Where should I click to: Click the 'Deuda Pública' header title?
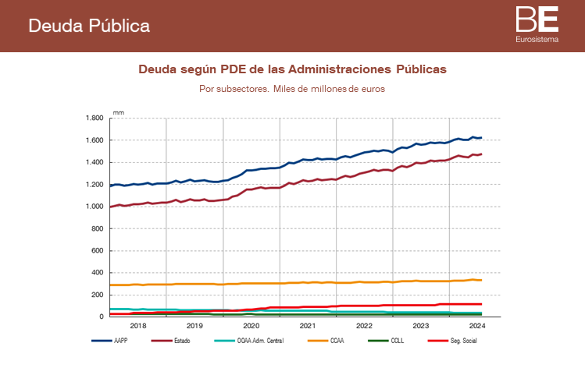coord(89,26)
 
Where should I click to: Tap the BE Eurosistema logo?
coord(537,23)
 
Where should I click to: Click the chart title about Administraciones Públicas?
coord(292,69)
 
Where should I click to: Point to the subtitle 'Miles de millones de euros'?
coord(292,89)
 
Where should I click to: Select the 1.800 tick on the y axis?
coord(95,118)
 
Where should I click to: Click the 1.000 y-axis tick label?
coord(95,207)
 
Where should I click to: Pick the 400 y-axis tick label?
coord(98,273)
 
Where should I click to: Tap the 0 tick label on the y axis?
coord(102,317)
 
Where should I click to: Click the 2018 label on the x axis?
coord(138,326)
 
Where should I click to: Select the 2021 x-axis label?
coord(308,326)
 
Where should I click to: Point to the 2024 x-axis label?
coord(477,326)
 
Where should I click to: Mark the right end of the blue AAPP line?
coord(481,138)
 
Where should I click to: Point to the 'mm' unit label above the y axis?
coord(118,113)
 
